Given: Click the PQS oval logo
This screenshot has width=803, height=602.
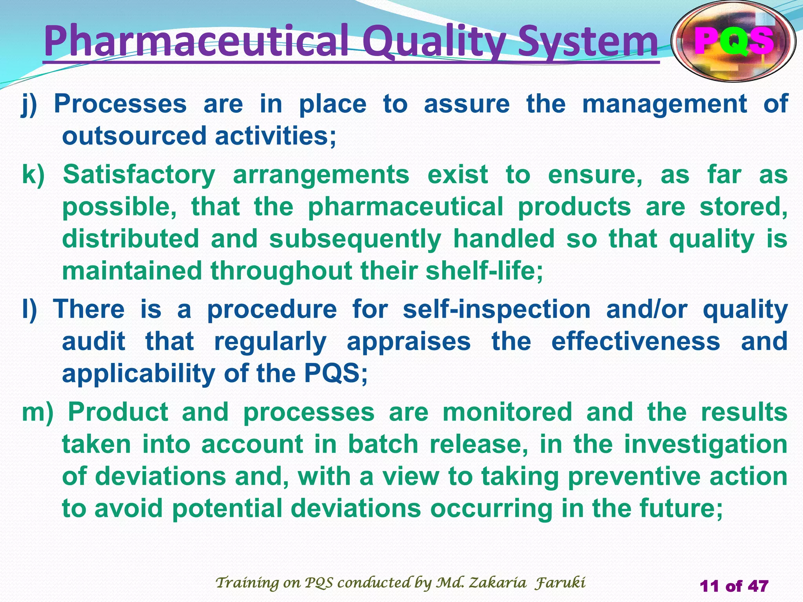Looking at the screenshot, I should (x=733, y=42).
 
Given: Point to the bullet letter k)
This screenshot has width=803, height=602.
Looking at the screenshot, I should (x=33, y=174).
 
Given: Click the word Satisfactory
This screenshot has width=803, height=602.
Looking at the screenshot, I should (x=139, y=174).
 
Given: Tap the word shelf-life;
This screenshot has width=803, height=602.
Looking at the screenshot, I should (x=484, y=271).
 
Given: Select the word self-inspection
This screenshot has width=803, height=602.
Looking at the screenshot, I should (x=496, y=310).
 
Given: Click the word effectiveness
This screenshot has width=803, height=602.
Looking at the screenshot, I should (x=635, y=341).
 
